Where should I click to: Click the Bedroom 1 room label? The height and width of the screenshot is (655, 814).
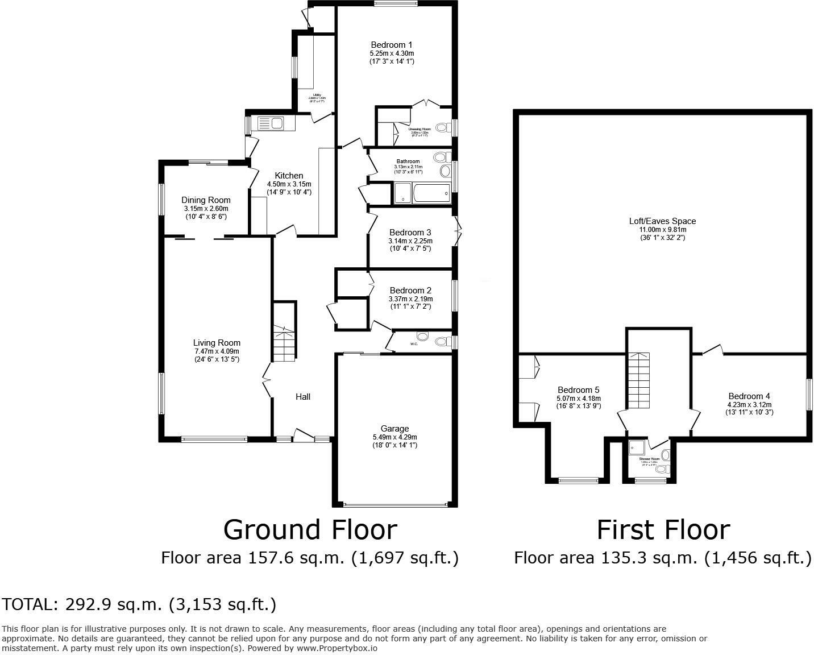click(391, 45)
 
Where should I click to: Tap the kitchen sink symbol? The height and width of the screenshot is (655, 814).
click(271, 123)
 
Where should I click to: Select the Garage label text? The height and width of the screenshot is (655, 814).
click(394, 429)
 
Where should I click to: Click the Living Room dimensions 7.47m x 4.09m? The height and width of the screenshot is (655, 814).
click(217, 351)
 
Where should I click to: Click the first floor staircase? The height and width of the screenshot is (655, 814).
click(638, 380)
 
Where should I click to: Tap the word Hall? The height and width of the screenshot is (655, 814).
click(302, 397)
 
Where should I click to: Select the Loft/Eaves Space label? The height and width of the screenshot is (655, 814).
click(662, 221)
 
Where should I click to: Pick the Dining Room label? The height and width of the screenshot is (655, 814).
click(206, 200)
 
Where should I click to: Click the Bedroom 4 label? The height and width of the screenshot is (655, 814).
click(749, 396)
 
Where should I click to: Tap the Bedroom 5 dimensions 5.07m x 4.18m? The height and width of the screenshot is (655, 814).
click(578, 398)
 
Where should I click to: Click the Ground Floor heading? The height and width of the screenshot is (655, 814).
click(310, 530)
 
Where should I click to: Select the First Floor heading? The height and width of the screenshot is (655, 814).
click(663, 530)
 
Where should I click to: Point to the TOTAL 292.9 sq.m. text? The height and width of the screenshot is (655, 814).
click(139, 604)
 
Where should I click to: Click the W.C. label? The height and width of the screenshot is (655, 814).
click(414, 343)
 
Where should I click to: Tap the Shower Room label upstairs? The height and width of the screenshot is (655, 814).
click(649, 458)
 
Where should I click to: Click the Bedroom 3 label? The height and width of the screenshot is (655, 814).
click(410, 233)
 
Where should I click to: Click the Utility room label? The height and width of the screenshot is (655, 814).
click(316, 94)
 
